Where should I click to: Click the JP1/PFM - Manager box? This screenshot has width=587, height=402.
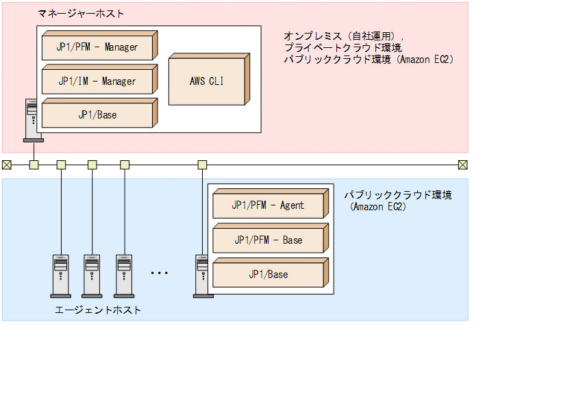click(97, 47)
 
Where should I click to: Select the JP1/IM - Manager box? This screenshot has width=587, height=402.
click(97, 81)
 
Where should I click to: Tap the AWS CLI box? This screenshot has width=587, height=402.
click(206, 81)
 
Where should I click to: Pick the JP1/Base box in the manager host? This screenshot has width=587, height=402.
click(97, 114)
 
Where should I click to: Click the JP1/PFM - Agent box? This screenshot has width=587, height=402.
click(268, 205)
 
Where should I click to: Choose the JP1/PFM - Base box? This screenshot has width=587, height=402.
click(268, 240)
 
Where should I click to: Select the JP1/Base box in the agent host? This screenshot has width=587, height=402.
click(268, 274)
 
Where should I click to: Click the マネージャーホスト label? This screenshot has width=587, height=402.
click(81, 14)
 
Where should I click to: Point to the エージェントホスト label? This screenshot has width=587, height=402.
click(98, 310)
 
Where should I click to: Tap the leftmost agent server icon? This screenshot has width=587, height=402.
click(61, 275)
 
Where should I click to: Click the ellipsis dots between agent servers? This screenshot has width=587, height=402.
click(159, 273)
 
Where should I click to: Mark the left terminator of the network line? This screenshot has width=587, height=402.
click(7, 164)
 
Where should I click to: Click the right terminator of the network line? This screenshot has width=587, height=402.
click(462, 164)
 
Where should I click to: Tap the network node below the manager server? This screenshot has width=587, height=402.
click(34, 164)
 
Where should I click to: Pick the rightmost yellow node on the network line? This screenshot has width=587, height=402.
click(202, 164)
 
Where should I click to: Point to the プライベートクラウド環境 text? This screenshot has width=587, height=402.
click(342, 47)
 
